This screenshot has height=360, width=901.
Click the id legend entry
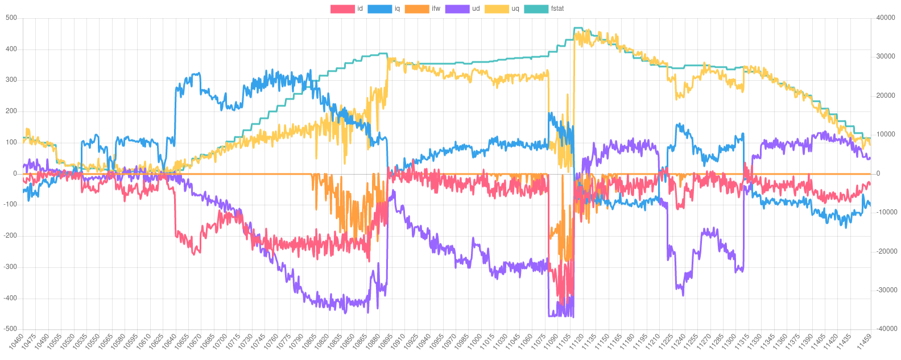coord(346,9)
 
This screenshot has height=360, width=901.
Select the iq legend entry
coord(383,9)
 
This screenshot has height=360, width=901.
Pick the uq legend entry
coord(500,9)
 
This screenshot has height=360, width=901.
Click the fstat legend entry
coord(543,9)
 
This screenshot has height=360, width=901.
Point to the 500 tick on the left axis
coord(11,18)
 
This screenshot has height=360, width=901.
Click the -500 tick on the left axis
coord(10,329)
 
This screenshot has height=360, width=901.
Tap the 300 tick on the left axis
coord(11,80)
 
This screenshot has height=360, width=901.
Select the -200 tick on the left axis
coord(10,235)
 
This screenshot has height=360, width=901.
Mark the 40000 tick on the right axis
coord(886,18)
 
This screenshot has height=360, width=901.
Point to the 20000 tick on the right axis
coord(886,96)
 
